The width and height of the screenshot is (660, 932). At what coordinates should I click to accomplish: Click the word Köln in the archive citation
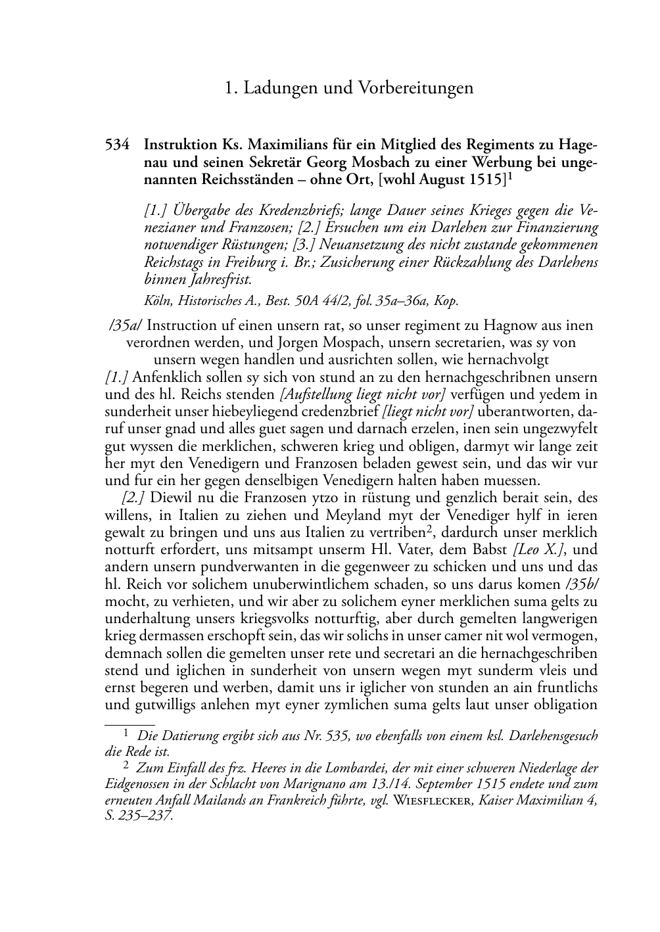click(x=157, y=301)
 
